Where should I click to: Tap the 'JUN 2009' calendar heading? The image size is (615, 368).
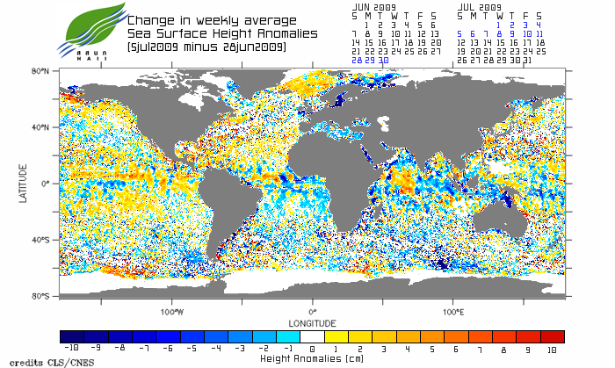374,6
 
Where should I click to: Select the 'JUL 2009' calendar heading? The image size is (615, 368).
480,6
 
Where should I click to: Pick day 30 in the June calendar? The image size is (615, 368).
385,60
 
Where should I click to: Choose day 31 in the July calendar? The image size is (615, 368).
527,60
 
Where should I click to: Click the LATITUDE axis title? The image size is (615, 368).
23,184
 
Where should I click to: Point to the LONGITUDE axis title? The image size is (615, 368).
313,322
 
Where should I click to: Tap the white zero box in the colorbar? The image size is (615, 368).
313,336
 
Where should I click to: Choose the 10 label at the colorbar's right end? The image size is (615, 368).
552,349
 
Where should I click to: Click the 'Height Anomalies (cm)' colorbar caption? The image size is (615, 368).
313,358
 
